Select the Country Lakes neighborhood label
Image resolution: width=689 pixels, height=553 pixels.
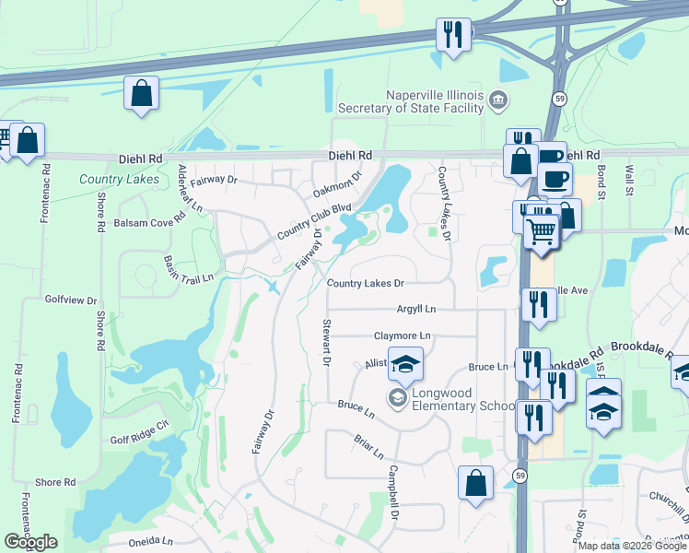pyautogui.click(x=119, y=179)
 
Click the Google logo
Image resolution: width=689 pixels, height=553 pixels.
pyautogui.click(x=30, y=542)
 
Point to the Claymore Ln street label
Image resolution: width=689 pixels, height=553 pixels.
pyautogui.click(x=402, y=335)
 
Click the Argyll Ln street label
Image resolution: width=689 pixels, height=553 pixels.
pyautogui.click(x=416, y=308)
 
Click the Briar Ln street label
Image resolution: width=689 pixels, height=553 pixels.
pyautogui.click(x=368, y=447)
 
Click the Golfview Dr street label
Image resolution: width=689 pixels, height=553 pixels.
pyautogui.click(x=71, y=300)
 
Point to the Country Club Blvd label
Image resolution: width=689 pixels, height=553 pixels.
pyautogui.click(x=316, y=222)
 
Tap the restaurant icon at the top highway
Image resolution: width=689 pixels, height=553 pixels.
pyautogui.click(x=453, y=36)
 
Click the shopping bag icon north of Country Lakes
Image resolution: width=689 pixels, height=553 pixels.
pyautogui.click(x=142, y=92)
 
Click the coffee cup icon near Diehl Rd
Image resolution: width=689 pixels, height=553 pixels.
pyautogui.click(x=556, y=177)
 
